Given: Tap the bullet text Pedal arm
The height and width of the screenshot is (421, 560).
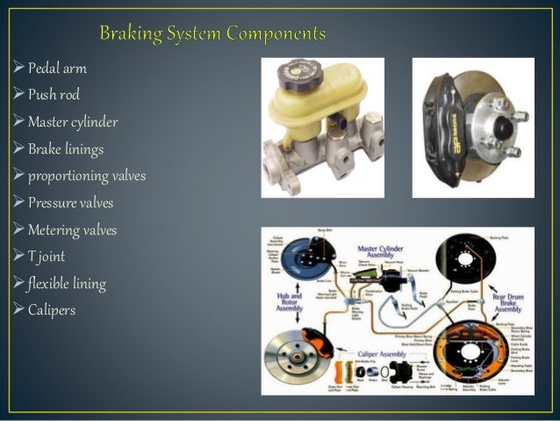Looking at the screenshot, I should point(57,68).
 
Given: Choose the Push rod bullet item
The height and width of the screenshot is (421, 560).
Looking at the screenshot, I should point(54,95).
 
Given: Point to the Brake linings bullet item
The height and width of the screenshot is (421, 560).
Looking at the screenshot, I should point(65,149).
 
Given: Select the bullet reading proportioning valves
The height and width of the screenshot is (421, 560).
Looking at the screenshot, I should point(86,177).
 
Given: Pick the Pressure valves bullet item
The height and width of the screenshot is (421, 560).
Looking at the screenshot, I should point(70,204).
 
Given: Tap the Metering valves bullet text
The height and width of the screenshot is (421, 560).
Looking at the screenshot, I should point(72,231).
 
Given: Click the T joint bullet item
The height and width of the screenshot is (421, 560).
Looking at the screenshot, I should point(47,258).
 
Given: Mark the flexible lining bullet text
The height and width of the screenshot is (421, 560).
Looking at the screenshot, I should point(67,284).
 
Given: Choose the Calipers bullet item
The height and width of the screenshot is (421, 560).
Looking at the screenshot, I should point(52,310).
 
